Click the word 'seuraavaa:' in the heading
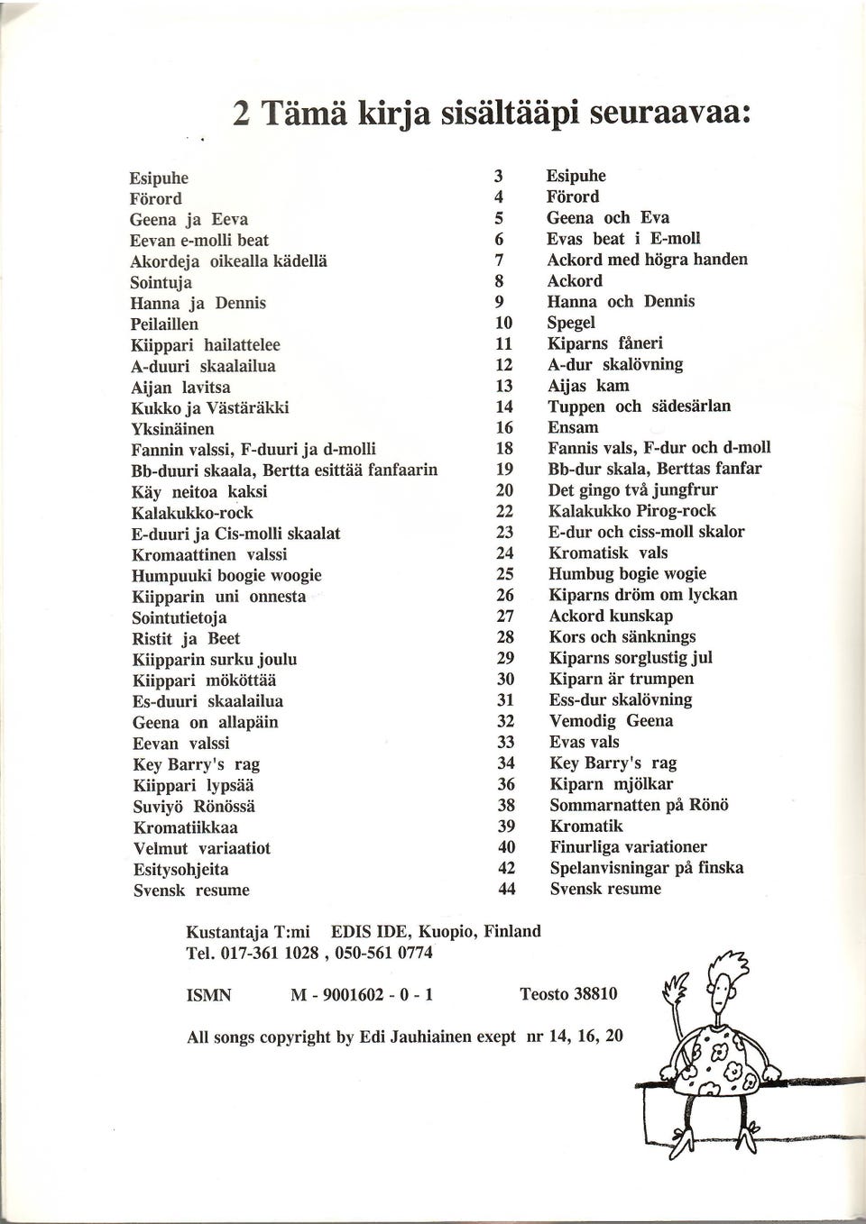671,113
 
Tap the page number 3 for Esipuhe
498,177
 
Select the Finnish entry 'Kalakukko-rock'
192,513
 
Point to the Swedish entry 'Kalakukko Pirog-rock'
631,511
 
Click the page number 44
507,890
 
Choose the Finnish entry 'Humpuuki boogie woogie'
226,576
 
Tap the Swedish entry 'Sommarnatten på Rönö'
639,805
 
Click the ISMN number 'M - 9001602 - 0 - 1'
362,995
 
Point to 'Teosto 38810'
568,994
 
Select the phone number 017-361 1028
269,953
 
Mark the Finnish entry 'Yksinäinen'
172,428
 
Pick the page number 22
505,512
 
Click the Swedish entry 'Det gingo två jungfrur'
632,490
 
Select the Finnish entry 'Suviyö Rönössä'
194,807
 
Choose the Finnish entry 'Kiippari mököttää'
205,681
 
